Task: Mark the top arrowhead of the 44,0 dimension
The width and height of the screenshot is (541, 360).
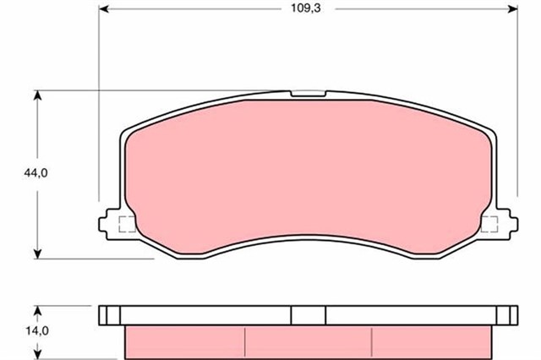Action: (37, 95)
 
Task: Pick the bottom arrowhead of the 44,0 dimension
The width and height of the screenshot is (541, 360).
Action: (37, 253)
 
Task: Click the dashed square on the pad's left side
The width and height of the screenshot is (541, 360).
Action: (127, 225)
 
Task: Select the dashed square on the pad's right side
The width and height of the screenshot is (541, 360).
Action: (488, 224)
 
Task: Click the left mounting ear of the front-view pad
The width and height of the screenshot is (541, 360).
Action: (107, 224)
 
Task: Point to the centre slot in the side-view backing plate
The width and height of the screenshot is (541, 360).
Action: (309, 314)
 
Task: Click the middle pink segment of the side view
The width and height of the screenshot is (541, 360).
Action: (309, 340)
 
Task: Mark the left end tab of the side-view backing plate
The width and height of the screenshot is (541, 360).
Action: (105, 314)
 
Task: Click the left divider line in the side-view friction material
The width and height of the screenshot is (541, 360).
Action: (245, 340)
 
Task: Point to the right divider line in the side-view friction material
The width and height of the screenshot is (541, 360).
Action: (373, 340)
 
